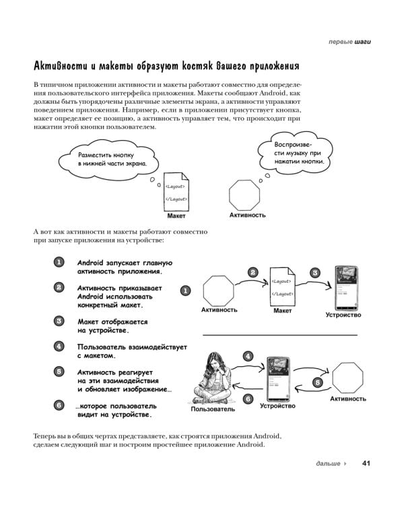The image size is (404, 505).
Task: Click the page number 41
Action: point(367,463)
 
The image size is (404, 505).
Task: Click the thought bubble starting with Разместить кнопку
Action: point(110,159)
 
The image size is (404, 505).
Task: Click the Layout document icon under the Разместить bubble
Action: point(176,193)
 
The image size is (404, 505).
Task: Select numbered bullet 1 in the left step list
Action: point(59,263)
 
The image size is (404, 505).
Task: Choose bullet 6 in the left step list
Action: point(59,405)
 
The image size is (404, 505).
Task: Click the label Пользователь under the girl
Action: point(213,409)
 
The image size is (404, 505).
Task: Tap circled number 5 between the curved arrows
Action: point(317,382)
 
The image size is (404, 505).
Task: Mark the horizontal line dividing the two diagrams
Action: point(279,335)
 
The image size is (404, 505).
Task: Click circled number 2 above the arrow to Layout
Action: point(252,273)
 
